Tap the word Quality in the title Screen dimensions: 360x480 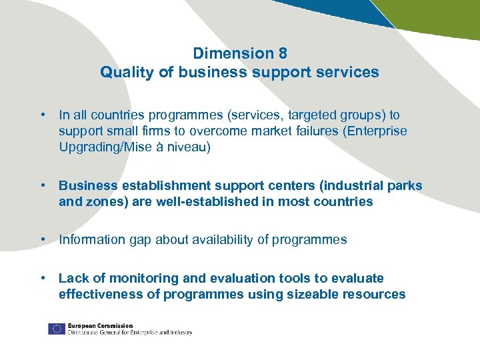(x=125, y=72)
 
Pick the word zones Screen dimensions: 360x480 (x=101, y=201)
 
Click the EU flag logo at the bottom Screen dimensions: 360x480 (x=56, y=329)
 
